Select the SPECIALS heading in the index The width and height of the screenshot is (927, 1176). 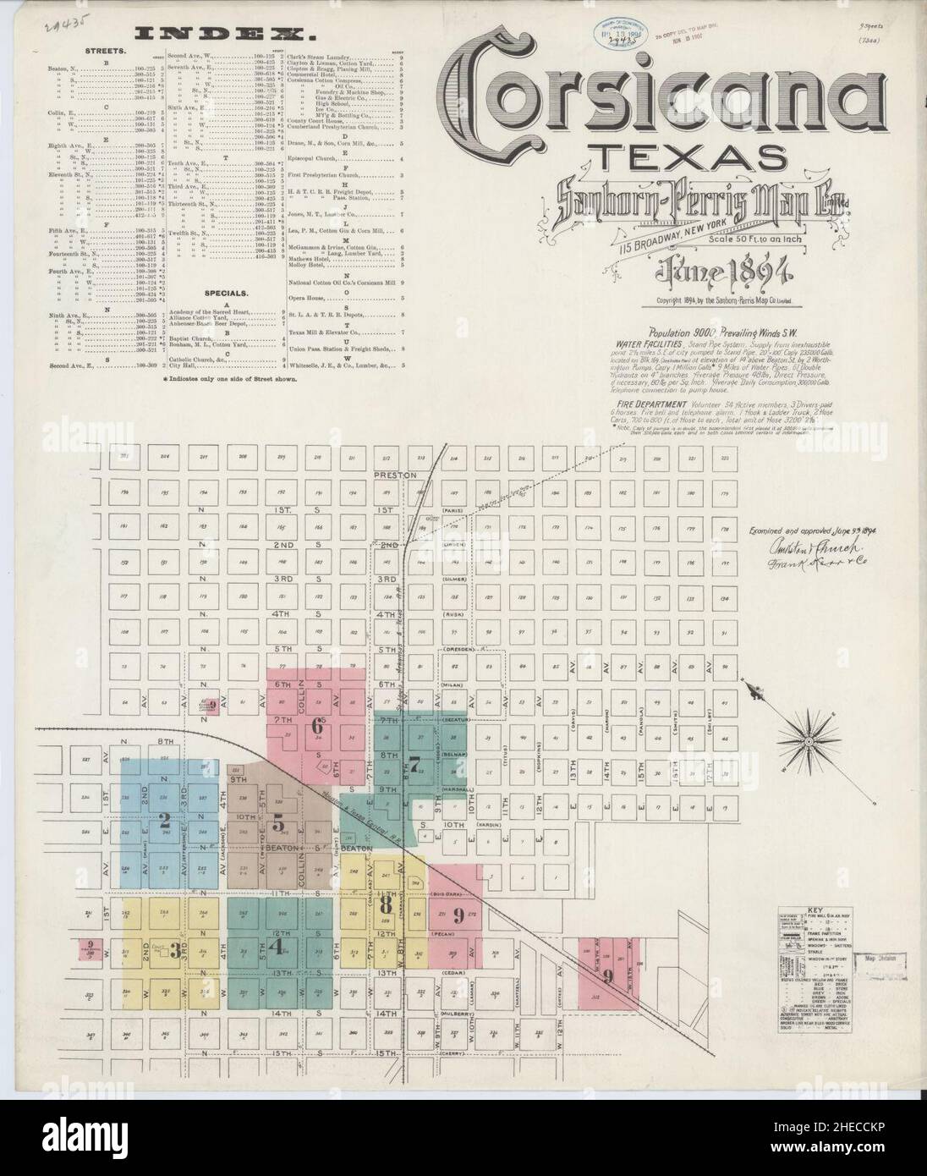tap(224, 294)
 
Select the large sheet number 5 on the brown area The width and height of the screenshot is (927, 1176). tap(278, 827)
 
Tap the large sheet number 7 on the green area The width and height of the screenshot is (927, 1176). tap(414, 762)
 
